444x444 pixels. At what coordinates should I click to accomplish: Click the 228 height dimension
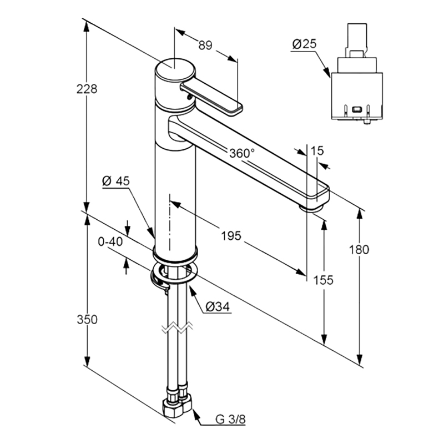(x=87, y=89)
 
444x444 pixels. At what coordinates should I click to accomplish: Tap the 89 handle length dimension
(x=205, y=46)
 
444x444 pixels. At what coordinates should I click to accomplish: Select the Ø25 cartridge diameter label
(x=304, y=44)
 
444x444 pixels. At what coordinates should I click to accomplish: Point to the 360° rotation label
(x=242, y=153)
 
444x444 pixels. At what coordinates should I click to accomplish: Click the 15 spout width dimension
(x=317, y=151)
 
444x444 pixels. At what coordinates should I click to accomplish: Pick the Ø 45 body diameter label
(x=116, y=181)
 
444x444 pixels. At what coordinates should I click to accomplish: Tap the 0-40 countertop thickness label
(x=110, y=242)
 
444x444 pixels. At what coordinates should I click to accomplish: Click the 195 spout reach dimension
(x=231, y=235)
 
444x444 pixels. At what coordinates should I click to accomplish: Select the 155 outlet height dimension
(x=324, y=280)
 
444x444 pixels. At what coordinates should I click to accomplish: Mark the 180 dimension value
(x=359, y=250)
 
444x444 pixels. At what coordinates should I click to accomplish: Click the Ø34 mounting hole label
(x=218, y=307)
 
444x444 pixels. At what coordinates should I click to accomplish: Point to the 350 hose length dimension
(x=87, y=320)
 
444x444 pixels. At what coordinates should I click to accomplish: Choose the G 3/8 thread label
(x=230, y=419)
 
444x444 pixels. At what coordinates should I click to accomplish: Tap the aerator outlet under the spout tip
(x=311, y=209)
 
